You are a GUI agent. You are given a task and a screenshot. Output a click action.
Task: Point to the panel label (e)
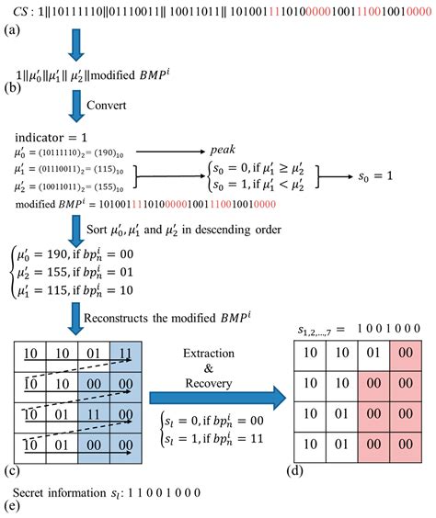click(x=13, y=506)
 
